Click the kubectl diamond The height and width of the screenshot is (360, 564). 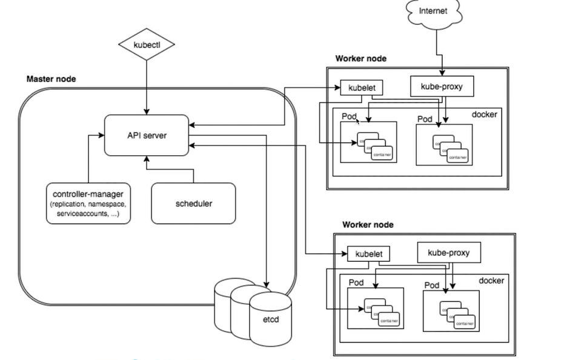pos(147,45)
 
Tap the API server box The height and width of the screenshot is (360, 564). pos(146,135)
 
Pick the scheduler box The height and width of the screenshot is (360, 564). pos(193,204)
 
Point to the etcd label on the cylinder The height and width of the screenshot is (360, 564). pos(270,318)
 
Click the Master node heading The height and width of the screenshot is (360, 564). pos(51,79)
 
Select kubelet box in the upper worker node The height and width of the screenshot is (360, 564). pos(362,88)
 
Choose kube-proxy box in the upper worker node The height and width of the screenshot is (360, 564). pos(442,87)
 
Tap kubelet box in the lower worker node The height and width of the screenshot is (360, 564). pos(368,253)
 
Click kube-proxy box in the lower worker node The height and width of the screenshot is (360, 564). pos(449,252)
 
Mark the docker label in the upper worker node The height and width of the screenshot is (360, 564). pos(484,114)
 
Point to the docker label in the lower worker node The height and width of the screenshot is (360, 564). pos(491,280)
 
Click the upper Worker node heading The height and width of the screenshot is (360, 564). pos(360,59)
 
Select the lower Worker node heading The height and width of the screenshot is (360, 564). pos(368,224)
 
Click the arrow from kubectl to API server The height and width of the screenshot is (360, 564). pos(147,85)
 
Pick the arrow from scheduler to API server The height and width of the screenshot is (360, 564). pos(193,169)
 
